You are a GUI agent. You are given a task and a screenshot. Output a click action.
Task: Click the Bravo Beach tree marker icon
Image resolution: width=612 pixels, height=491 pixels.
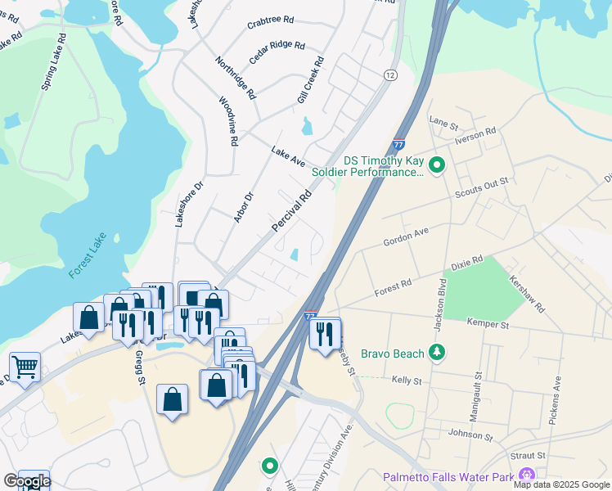438,353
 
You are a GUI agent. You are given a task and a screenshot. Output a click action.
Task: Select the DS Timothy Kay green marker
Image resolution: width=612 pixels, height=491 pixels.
437,166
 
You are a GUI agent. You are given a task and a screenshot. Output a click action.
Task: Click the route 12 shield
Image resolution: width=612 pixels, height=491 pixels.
390,74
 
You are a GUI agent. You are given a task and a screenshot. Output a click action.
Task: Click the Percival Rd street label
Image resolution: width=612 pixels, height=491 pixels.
293,210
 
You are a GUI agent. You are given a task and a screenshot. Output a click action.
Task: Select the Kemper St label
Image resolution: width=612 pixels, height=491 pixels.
488,325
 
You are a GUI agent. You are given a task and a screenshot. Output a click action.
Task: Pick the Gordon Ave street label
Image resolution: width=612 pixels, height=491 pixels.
407,238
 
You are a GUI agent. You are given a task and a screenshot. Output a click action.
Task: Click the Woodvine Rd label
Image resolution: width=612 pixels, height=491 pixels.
227,121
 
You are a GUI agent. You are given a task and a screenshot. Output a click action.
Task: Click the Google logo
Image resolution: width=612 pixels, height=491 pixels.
27,481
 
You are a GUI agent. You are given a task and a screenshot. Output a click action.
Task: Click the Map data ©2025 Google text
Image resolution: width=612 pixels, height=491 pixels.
562,484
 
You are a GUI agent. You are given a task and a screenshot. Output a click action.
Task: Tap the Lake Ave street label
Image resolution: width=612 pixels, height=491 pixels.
288,155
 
